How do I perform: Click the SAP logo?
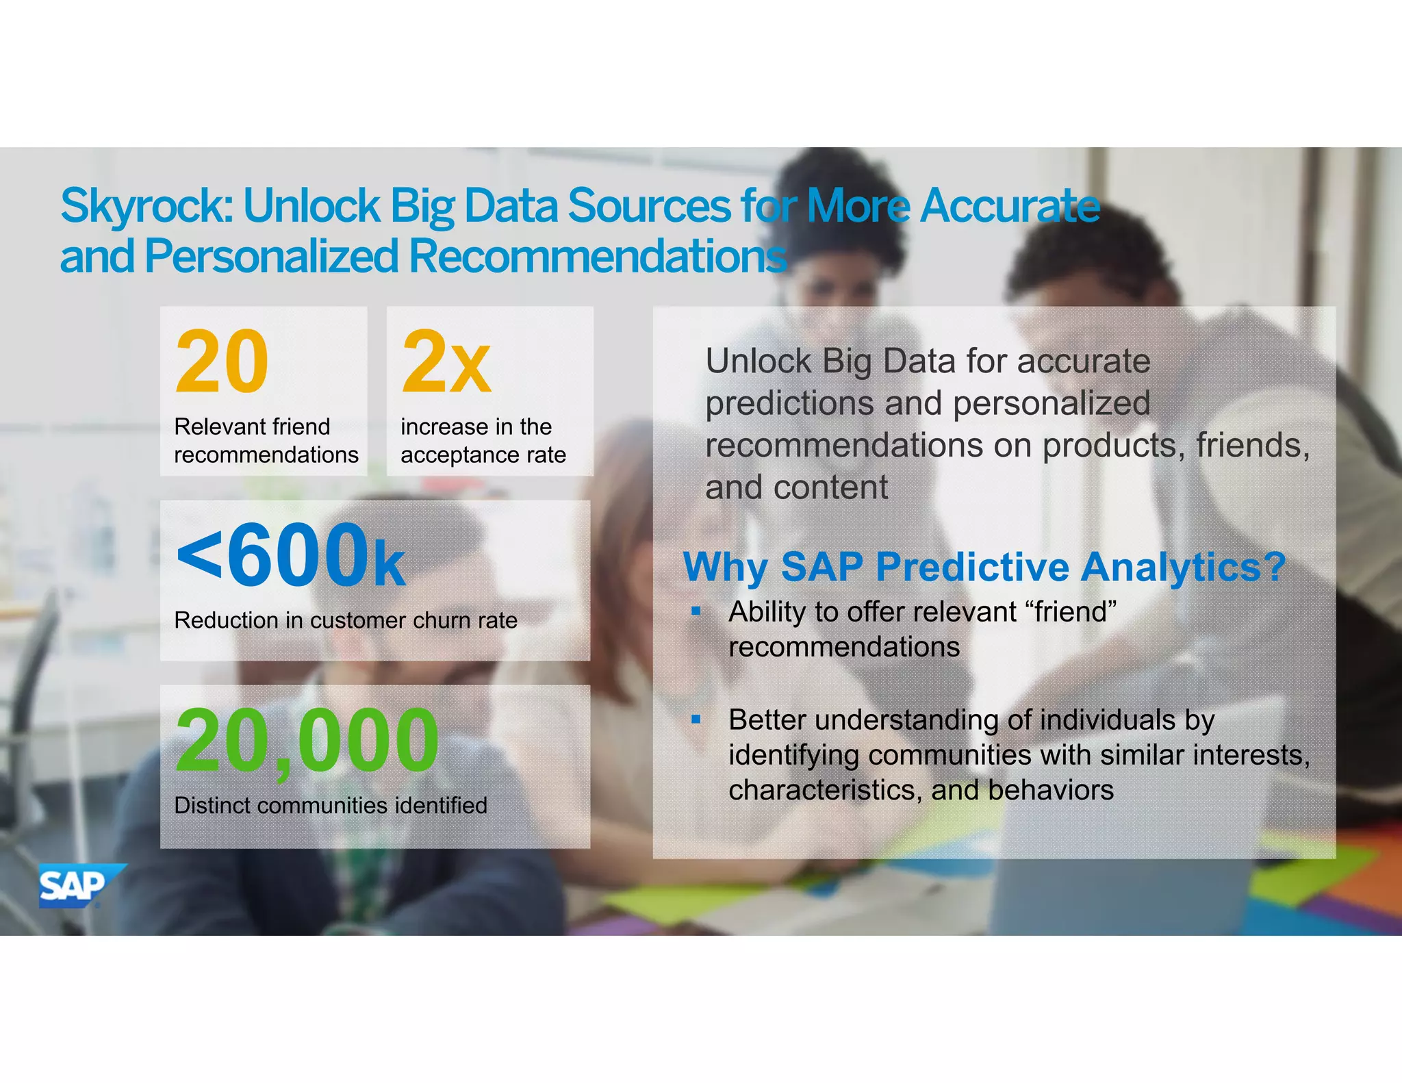tap(77, 885)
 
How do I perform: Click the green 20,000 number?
tap(307, 741)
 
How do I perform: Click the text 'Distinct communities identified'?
tap(331, 805)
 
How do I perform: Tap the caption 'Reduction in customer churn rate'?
tap(346, 620)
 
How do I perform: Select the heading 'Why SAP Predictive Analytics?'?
tap(984, 567)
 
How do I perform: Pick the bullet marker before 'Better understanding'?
tap(696, 719)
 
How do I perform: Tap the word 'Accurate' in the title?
tap(1010, 205)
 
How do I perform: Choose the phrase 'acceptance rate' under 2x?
tap(483, 455)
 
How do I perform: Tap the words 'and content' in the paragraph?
tap(796, 487)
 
